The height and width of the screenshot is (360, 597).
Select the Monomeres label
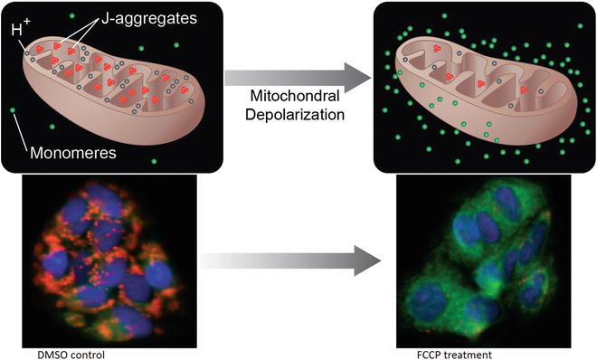point(71,153)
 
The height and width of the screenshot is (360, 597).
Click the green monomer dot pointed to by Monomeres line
point(13,111)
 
